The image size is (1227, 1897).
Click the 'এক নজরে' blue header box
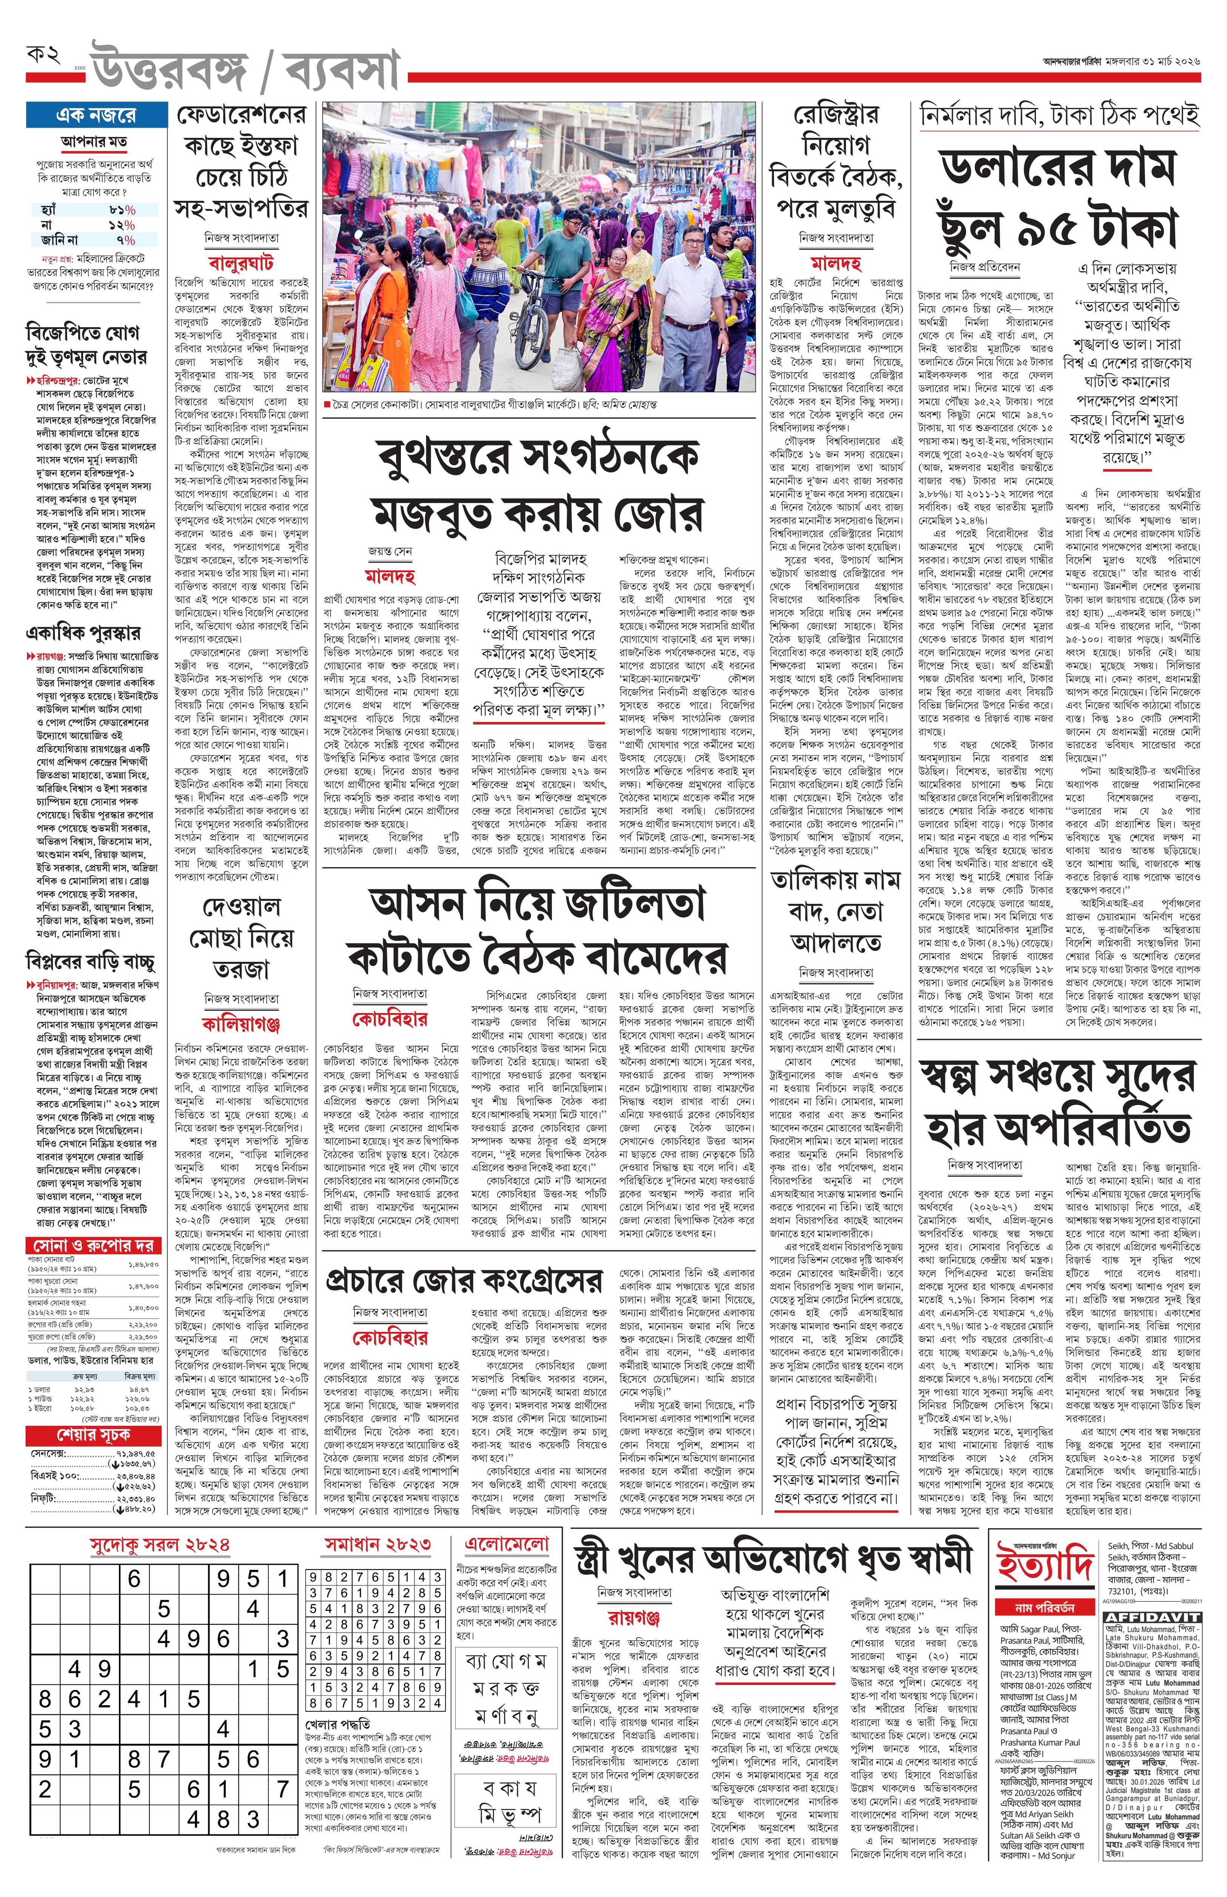coord(96,115)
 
